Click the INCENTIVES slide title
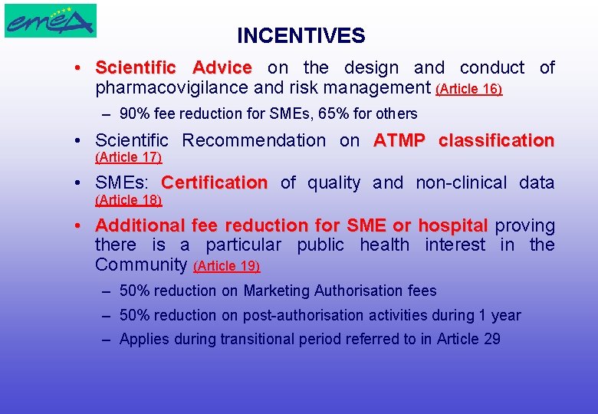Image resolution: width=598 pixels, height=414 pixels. tap(301, 36)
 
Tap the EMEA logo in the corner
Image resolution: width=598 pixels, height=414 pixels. tap(51, 21)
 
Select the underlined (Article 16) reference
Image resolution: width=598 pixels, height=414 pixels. tap(468, 90)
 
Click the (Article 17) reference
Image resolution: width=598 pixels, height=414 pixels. tap(128, 157)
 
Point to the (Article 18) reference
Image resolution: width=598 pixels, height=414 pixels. tap(128, 200)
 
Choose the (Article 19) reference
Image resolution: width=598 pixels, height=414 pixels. tap(227, 267)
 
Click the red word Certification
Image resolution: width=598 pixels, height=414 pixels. tap(214, 182)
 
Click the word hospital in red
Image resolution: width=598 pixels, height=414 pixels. tap(452, 225)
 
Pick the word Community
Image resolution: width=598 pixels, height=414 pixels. tap(141, 265)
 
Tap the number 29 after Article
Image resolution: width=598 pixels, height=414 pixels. tap(491, 339)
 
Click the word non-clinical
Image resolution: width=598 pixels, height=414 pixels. tap(461, 182)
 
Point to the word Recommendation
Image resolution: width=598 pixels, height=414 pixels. tap(254, 140)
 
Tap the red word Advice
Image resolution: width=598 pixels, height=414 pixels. tap(222, 67)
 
